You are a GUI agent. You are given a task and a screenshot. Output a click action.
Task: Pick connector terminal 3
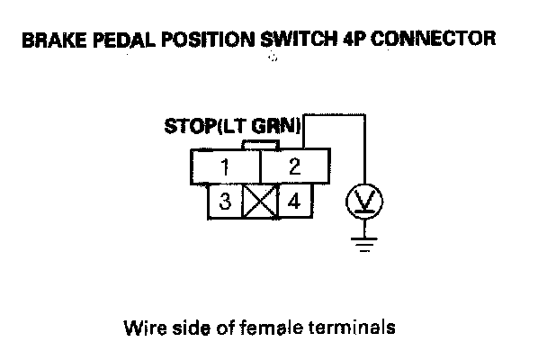coord(225,201)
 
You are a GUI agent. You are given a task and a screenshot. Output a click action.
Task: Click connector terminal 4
coord(293,201)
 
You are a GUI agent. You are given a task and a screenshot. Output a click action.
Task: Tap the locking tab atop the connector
coord(261,144)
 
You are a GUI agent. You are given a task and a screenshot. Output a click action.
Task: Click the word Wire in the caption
coord(140,327)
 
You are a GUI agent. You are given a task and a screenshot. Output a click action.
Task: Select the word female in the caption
coord(262,327)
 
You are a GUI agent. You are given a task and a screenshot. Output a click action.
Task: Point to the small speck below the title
coord(272,59)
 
